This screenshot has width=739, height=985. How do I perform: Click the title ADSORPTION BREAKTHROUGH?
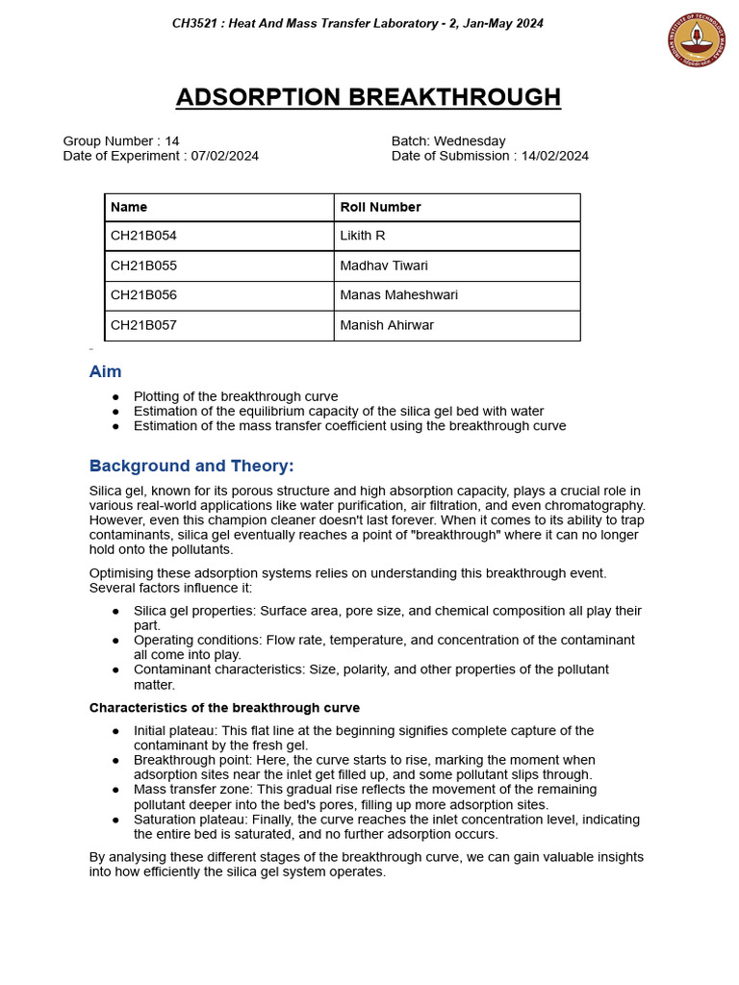point(369,97)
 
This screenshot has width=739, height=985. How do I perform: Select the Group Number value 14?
point(172,140)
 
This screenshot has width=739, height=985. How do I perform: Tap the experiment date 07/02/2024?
point(225,156)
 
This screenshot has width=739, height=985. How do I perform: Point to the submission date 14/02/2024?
point(555,156)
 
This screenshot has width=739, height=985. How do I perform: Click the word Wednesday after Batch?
point(470,140)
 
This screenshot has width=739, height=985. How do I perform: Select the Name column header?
point(129,207)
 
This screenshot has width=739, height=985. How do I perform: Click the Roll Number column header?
point(380,207)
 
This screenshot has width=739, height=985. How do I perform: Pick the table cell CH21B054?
point(143,236)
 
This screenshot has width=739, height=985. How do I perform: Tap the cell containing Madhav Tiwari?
point(384,265)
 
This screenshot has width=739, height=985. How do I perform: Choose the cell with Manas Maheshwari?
point(398,295)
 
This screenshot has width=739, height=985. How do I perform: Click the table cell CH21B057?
point(143,325)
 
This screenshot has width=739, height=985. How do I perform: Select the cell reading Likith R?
point(363,236)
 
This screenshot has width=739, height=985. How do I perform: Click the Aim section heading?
point(106,371)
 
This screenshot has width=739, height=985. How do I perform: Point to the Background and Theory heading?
point(191,466)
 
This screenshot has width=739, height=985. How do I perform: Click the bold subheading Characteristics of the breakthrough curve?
point(224,708)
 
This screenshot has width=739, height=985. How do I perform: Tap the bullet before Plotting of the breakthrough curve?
point(115,396)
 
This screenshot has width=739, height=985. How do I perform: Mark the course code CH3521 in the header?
point(197,23)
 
